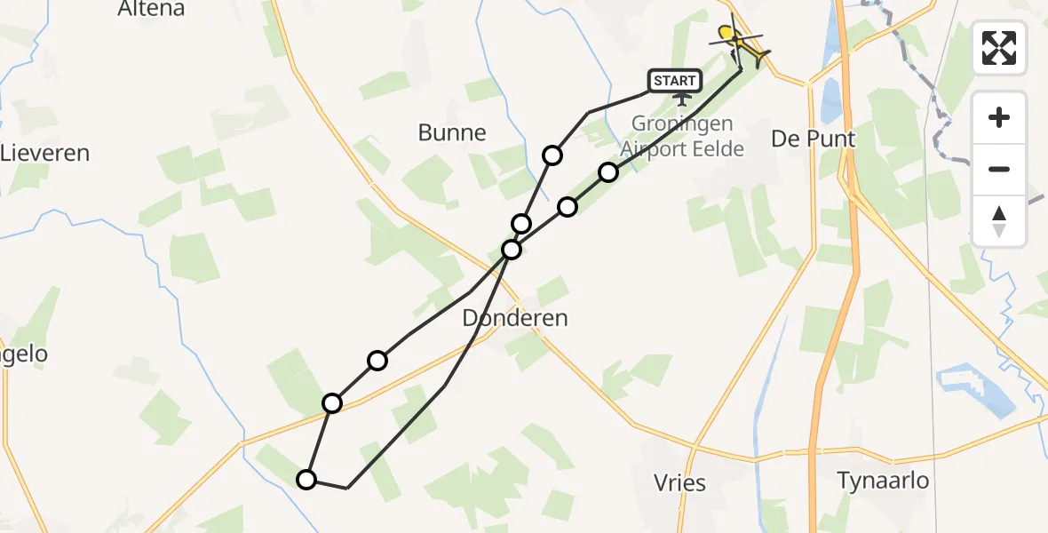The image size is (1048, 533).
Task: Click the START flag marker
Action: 676,82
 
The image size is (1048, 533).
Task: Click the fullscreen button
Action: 999,47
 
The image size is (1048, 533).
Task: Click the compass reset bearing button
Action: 999,221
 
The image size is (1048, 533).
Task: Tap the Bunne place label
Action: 452,133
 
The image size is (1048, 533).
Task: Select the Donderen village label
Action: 515,318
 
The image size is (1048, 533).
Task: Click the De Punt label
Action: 813,139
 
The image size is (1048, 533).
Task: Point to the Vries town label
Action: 679,483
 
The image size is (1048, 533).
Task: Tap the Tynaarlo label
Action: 883,481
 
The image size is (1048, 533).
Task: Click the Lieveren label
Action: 44,153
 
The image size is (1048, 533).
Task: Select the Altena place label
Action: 151,10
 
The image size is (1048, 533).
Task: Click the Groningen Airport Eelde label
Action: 682,136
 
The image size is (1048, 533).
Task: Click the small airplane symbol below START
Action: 683,99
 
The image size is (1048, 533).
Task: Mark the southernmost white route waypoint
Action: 306,480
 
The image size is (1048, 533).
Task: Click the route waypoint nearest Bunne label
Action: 552,155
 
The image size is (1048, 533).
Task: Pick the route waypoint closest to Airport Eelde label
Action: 607,172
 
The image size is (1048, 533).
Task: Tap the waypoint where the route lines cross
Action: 511,250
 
